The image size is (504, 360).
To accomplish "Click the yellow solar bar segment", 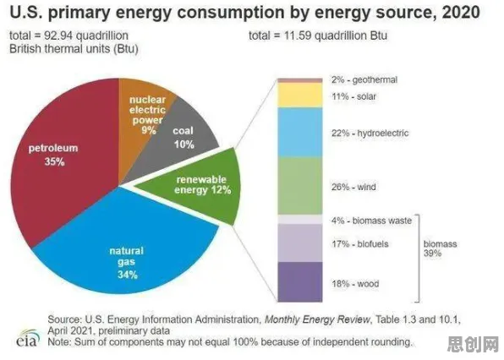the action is click(x=300, y=95).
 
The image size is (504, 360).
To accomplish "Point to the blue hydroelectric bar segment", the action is click(x=300, y=133).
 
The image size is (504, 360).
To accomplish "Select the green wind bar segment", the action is click(x=300, y=186).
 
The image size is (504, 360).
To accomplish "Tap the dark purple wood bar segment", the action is click(x=300, y=282).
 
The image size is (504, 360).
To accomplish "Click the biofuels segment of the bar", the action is click(x=300, y=243).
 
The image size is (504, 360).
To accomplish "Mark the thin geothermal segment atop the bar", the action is click(x=300, y=80).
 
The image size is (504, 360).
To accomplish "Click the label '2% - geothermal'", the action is click(x=364, y=79).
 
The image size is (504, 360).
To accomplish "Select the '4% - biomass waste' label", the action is click(x=371, y=221).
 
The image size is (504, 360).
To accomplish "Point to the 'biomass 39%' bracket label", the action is click(x=440, y=248).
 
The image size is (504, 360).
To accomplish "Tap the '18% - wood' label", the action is click(x=355, y=284).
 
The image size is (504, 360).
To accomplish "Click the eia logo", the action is click(x=28, y=338).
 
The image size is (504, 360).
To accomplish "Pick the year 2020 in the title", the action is click(x=461, y=13).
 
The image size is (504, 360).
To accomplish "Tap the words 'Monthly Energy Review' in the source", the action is click(x=317, y=319).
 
